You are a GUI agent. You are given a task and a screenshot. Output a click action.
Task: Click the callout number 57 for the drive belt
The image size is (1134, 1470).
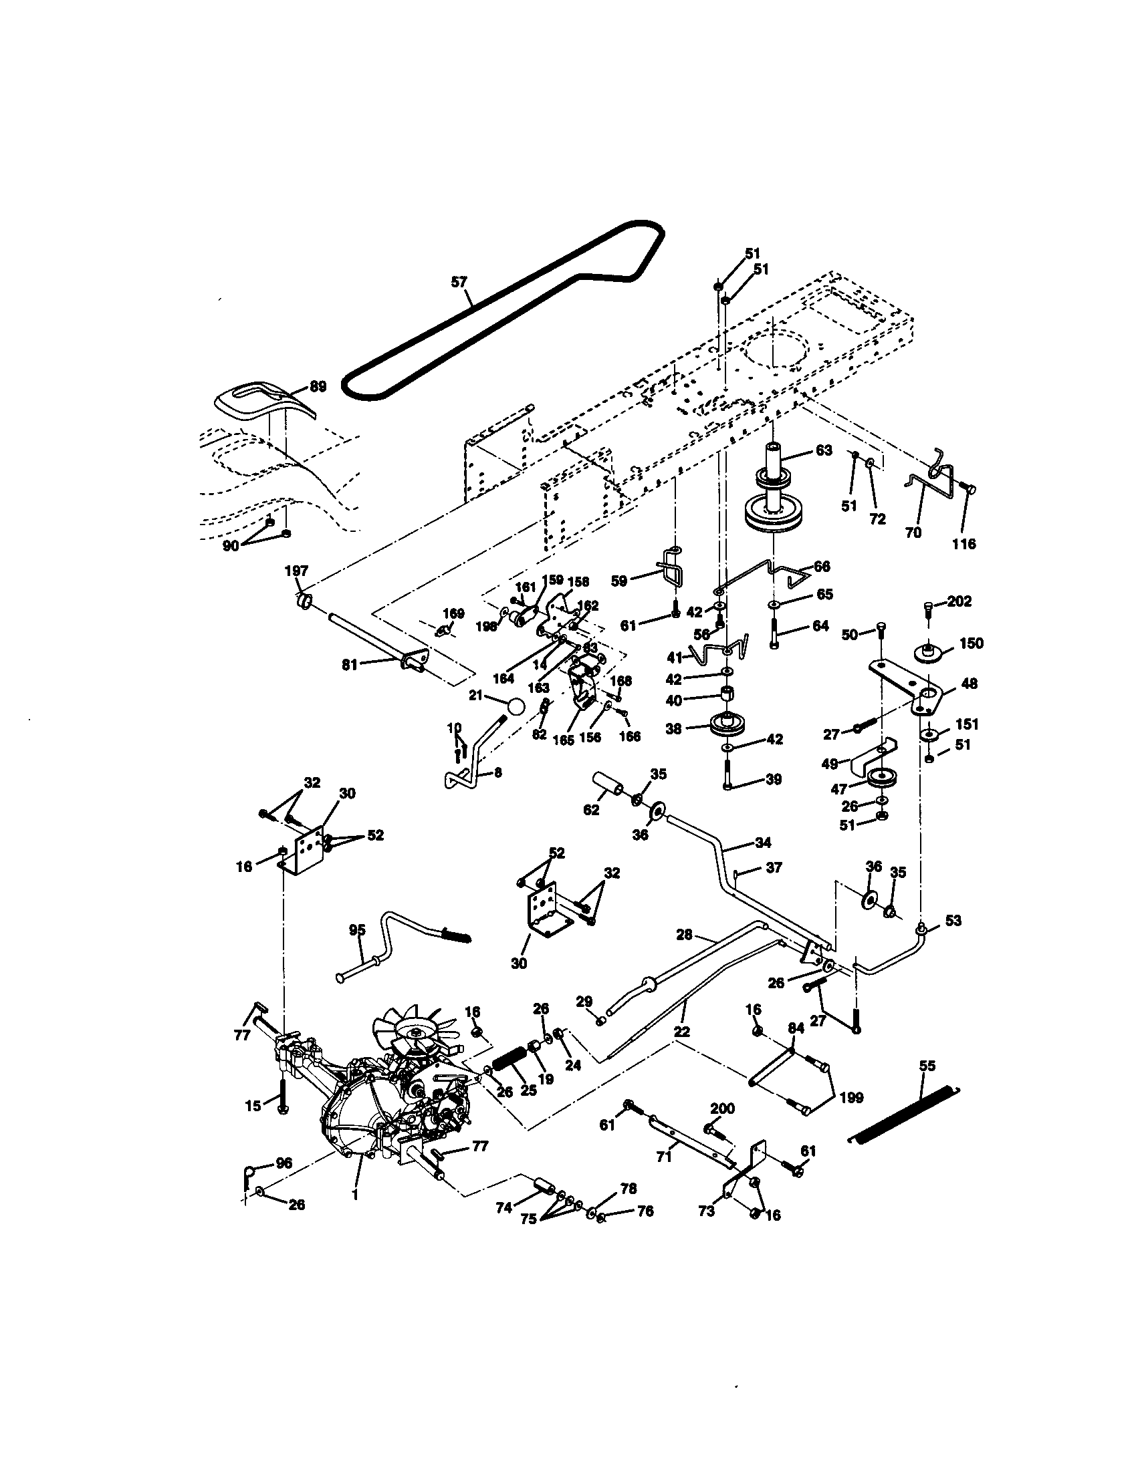pyautogui.click(x=459, y=282)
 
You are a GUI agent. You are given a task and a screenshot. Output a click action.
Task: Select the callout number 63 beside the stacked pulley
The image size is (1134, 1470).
pyautogui.click(x=824, y=450)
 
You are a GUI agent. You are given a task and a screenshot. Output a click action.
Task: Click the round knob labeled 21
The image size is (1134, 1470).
pyautogui.click(x=515, y=707)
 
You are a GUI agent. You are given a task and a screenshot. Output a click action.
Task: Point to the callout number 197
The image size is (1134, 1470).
pyautogui.click(x=296, y=571)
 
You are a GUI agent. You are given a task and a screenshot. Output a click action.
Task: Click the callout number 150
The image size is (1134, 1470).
pyautogui.click(x=971, y=643)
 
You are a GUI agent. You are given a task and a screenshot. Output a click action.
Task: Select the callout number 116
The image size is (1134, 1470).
pyautogui.click(x=963, y=544)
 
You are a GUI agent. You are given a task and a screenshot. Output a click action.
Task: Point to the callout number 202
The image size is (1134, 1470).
pyautogui.click(x=959, y=601)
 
